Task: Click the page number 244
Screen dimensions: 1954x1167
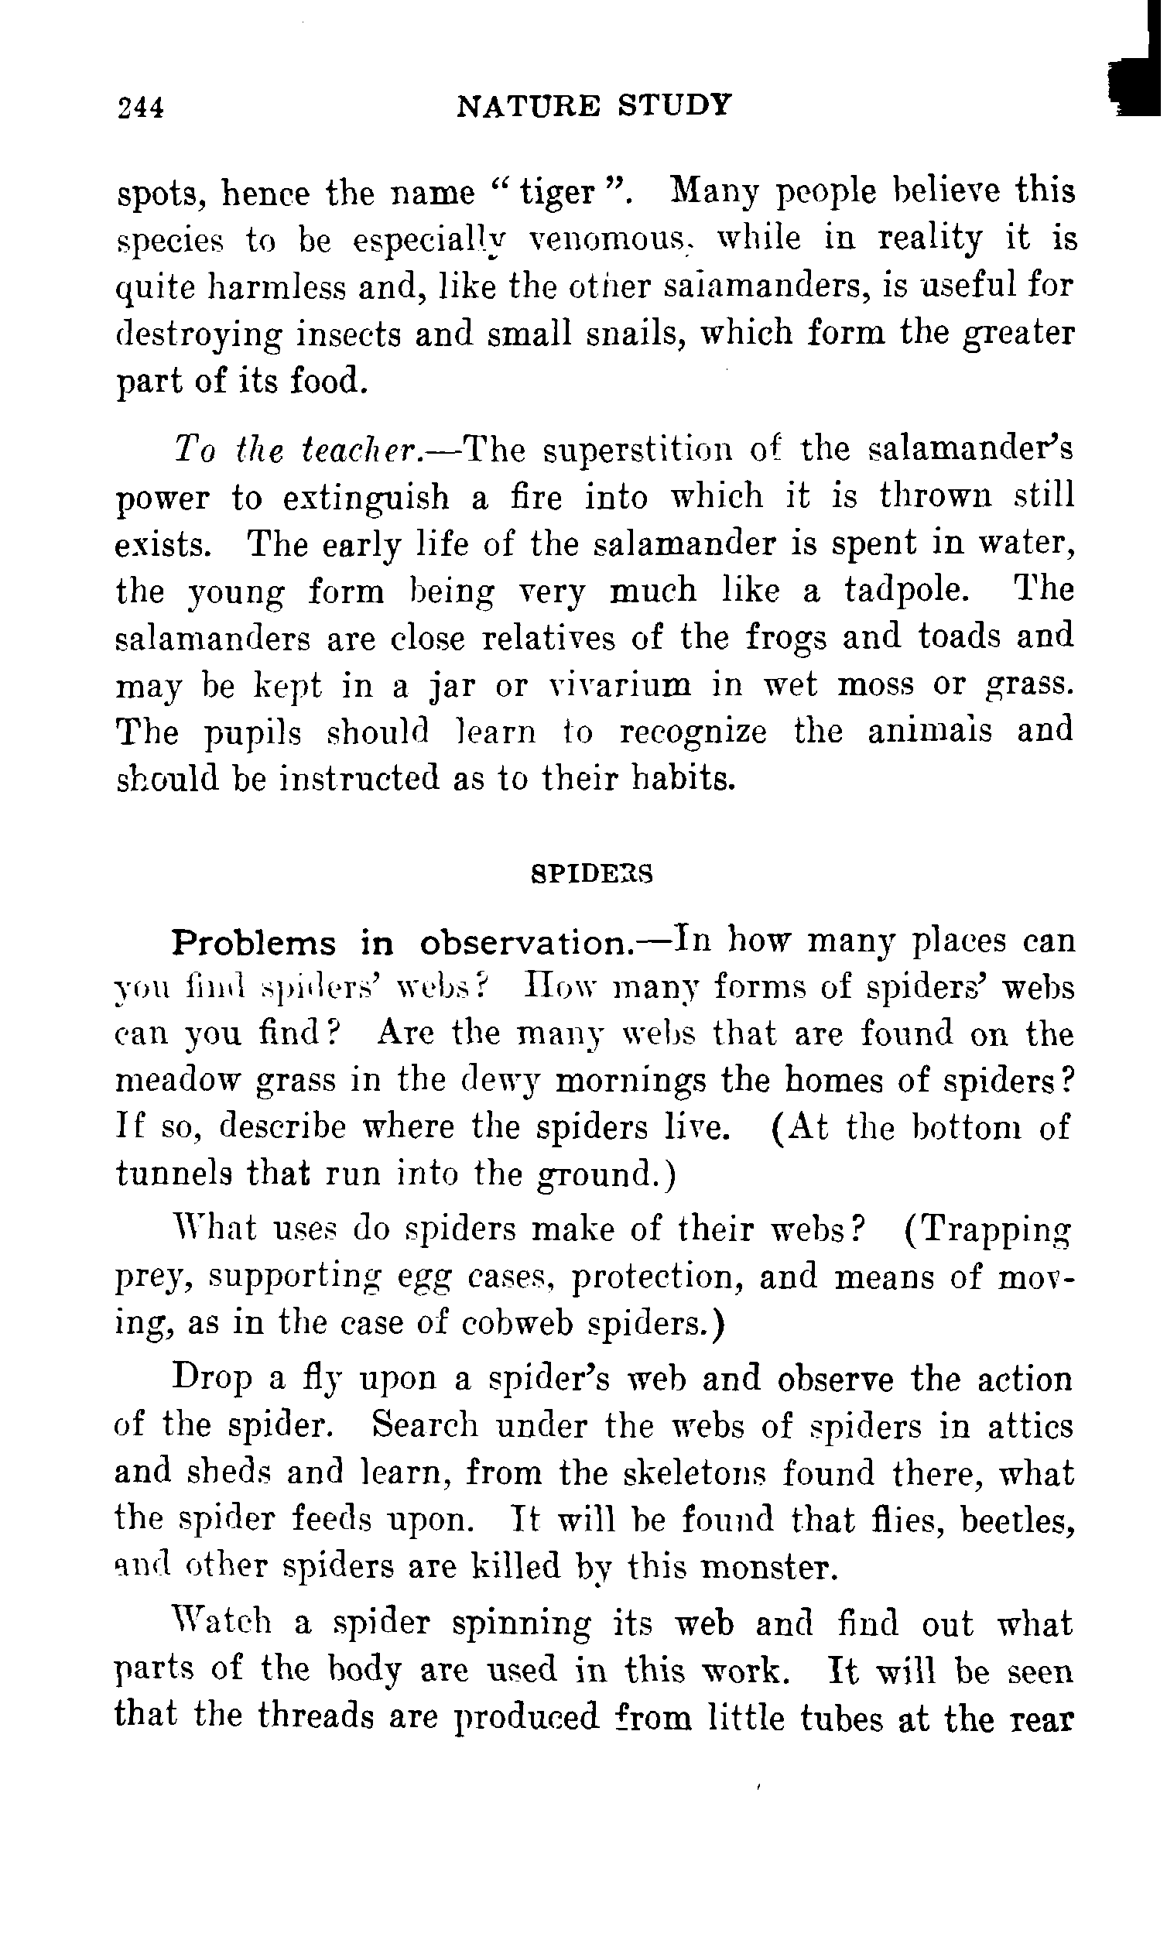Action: click(141, 106)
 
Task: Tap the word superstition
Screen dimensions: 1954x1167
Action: click(638, 449)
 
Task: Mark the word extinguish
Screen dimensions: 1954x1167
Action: click(366, 499)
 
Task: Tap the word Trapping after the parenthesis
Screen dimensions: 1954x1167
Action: click(996, 1229)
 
